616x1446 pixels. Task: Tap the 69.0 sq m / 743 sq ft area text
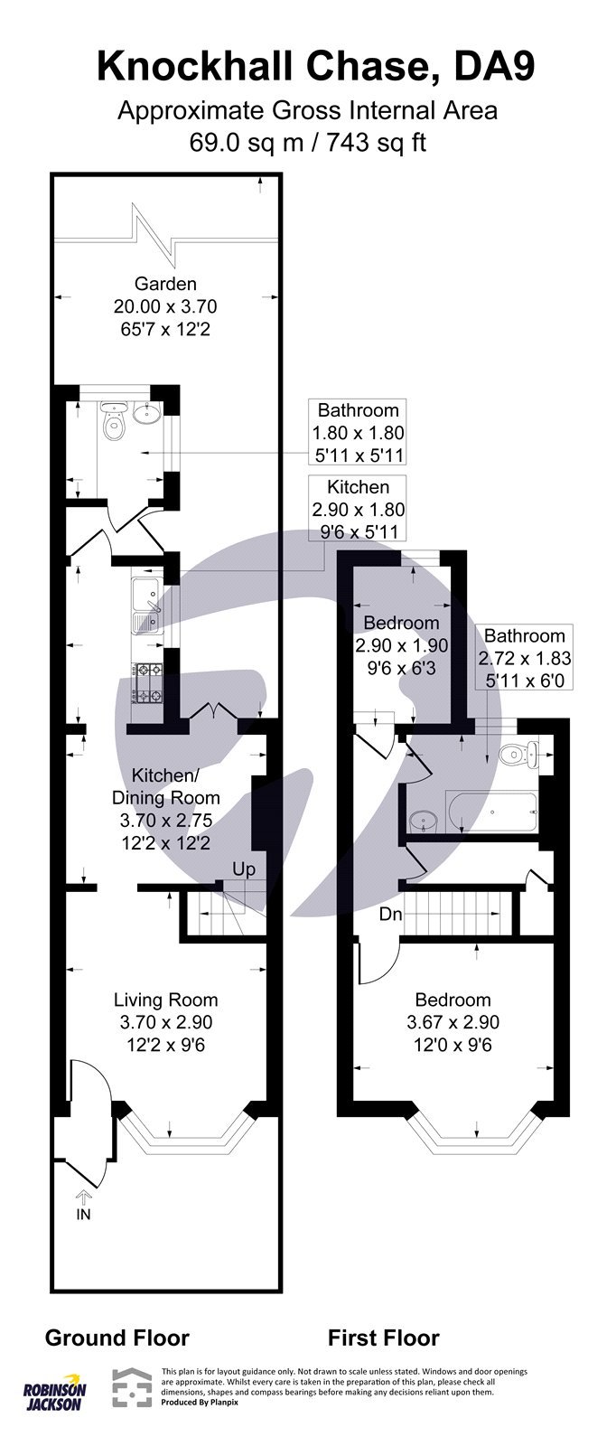pyautogui.click(x=307, y=142)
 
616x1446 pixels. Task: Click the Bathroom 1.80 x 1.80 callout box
pyautogui.click(x=358, y=432)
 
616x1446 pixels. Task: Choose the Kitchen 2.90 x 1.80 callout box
pyautogui.click(x=358, y=510)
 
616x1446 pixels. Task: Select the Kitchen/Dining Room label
pyautogui.click(x=164, y=786)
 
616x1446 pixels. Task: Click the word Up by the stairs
pyautogui.click(x=244, y=869)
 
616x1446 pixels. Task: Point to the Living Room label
pyautogui.click(x=165, y=1000)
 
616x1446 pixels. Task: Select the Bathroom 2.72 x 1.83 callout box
pyautogui.click(x=524, y=658)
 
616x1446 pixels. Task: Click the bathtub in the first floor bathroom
pyautogui.click(x=492, y=810)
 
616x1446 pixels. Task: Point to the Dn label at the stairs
pyautogui.click(x=389, y=914)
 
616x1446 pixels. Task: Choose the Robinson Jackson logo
pyautogui.click(x=54, y=1396)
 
